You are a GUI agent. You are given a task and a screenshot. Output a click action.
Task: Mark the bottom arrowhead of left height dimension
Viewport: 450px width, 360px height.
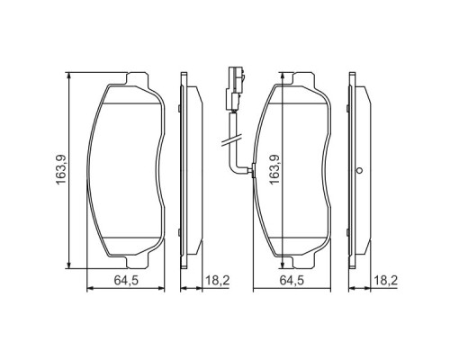click(x=68, y=264)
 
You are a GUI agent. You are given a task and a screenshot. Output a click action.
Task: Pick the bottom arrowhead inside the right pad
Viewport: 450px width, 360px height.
click(x=288, y=263)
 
